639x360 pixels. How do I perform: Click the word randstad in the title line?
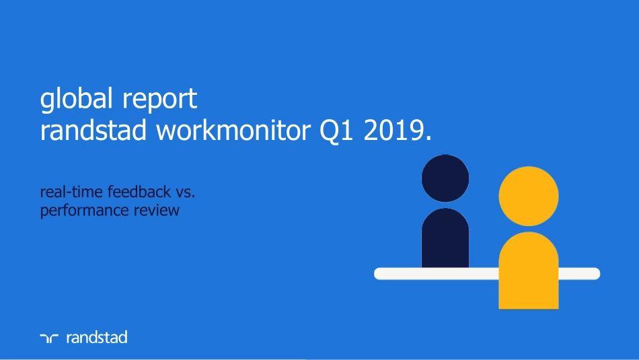93,131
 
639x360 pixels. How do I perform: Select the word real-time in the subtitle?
67,193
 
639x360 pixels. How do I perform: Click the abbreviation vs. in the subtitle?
185,193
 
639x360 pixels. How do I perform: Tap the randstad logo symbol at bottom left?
50,338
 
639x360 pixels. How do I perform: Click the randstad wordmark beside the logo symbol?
96,337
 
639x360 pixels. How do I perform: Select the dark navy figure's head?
445,178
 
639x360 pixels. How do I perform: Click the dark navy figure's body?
445,239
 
